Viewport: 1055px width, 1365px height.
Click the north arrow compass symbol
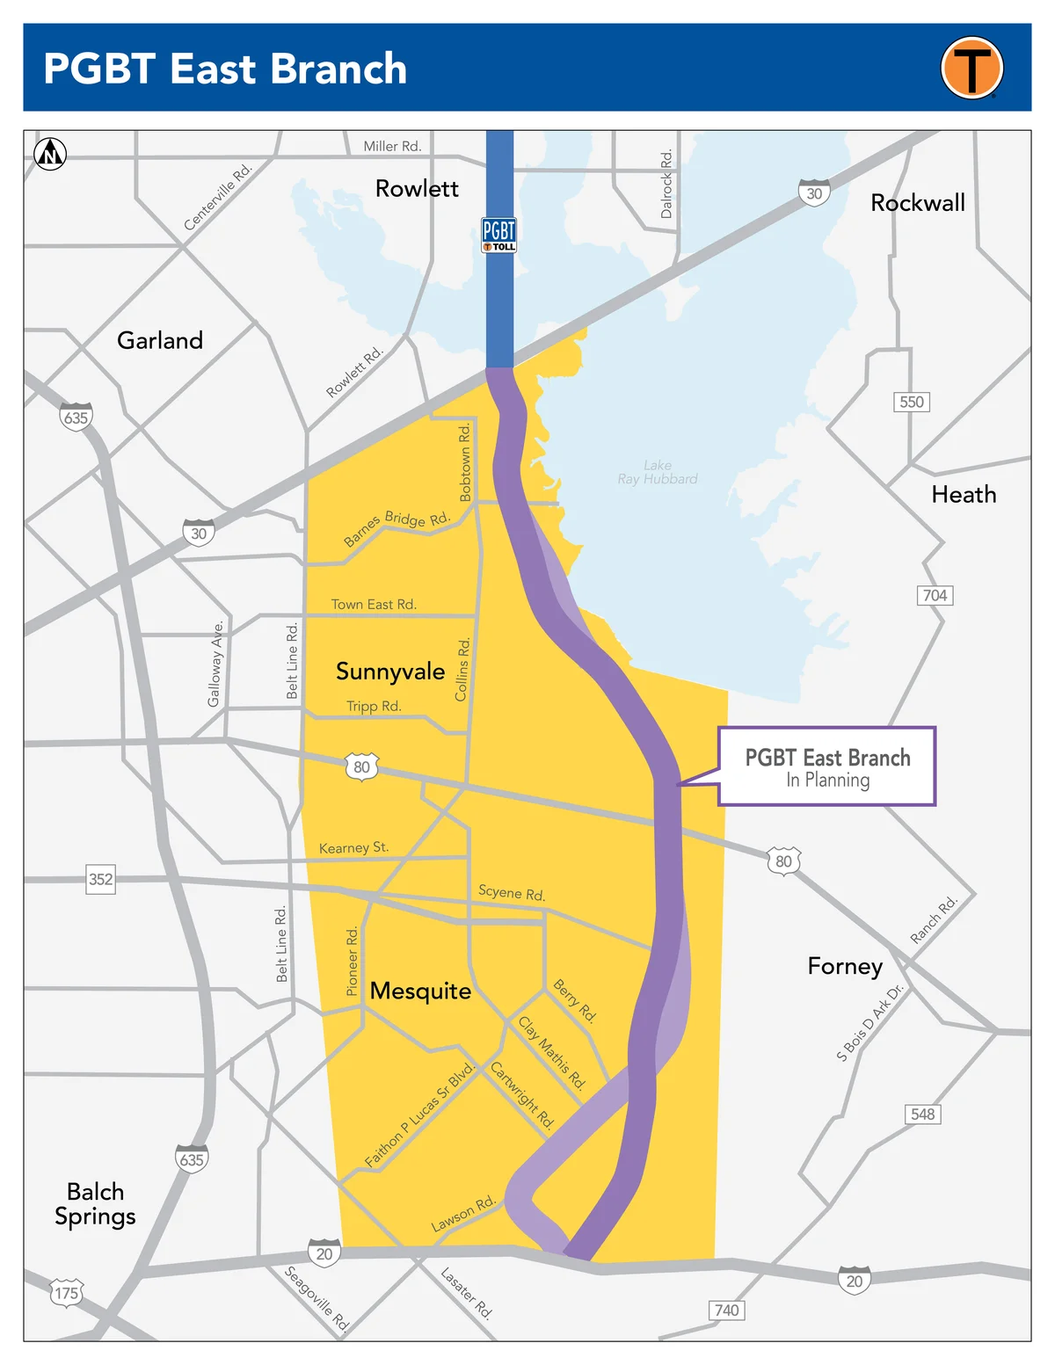[50, 154]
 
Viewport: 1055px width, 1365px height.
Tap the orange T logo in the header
[971, 68]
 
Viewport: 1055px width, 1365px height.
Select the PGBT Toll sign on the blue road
[499, 235]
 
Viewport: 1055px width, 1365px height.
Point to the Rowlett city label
[417, 189]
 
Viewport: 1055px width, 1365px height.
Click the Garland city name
[160, 340]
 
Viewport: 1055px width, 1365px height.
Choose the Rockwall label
[917, 203]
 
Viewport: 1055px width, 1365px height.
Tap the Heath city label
[964, 495]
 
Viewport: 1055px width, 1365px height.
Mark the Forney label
[845, 967]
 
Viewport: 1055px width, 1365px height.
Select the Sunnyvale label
[390, 672]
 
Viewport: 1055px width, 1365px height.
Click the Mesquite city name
[420, 991]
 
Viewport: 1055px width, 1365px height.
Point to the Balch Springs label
[95, 1204]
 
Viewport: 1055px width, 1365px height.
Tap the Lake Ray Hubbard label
[658, 472]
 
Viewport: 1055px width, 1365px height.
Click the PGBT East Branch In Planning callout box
[827, 766]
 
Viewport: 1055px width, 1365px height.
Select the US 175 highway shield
[67, 1293]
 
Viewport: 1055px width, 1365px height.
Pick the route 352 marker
[100, 879]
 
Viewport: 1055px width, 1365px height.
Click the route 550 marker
[912, 402]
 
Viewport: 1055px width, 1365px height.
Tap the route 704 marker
[935, 595]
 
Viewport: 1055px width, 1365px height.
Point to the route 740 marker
[727, 1311]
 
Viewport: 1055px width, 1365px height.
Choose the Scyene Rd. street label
[512, 893]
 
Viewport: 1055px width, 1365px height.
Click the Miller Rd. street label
[392, 146]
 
